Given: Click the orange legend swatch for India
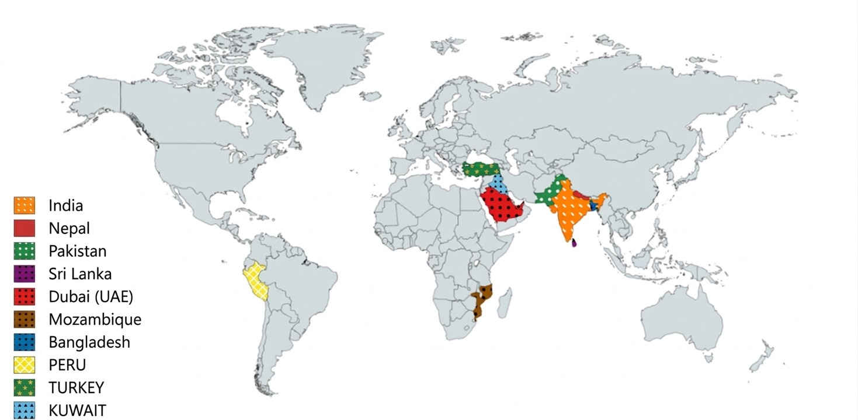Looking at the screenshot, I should (x=24, y=205).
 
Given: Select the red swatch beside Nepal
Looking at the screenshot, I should (x=24, y=228).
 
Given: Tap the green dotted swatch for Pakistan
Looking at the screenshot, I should (x=24, y=251).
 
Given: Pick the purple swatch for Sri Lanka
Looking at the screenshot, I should (x=24, y=274).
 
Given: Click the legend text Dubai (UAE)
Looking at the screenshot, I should (x=91, y=296).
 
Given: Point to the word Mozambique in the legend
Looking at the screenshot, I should (x=95, y=319).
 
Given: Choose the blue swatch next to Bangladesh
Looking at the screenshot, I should (x=24, y=342).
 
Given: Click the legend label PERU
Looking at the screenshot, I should (x=68, y=365).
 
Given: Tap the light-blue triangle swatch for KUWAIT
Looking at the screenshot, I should (x=24, y=409).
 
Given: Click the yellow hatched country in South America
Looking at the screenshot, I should (x=256, y=280).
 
